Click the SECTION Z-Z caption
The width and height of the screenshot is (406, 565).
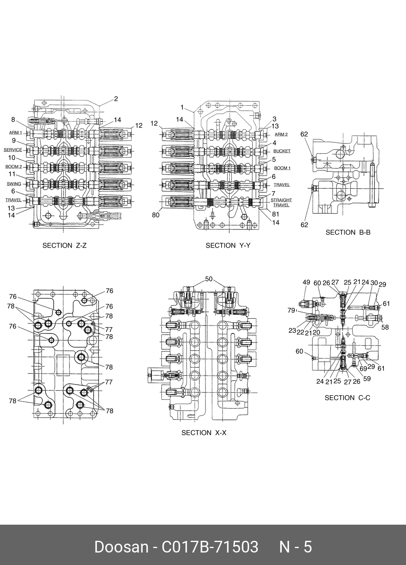point(65,245)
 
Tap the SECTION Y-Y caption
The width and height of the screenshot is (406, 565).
point(228,245)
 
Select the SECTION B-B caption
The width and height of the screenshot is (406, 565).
point(348,232)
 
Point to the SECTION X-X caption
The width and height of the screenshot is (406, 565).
point(204,433)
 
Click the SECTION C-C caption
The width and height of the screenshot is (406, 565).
point(347,398)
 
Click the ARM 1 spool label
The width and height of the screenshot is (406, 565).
point(16,133)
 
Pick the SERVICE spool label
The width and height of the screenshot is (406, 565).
point(13,150)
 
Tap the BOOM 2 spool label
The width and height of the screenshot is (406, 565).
point(14,167)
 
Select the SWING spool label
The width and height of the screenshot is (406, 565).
point(14,184)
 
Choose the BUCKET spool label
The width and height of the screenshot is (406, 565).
point(282,151)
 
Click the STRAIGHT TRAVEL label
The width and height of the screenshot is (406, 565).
point(281,202)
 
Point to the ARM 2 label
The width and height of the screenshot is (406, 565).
point(281,134)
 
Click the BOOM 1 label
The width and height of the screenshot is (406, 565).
point(282,168)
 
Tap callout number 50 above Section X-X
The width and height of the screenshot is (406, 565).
point(209,279)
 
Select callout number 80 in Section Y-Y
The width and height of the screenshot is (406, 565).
point(156,215)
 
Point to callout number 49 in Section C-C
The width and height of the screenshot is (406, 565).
point(306,282)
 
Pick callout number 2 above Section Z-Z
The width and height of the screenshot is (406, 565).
point(116,99)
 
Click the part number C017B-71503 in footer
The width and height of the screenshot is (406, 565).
point(210,547)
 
